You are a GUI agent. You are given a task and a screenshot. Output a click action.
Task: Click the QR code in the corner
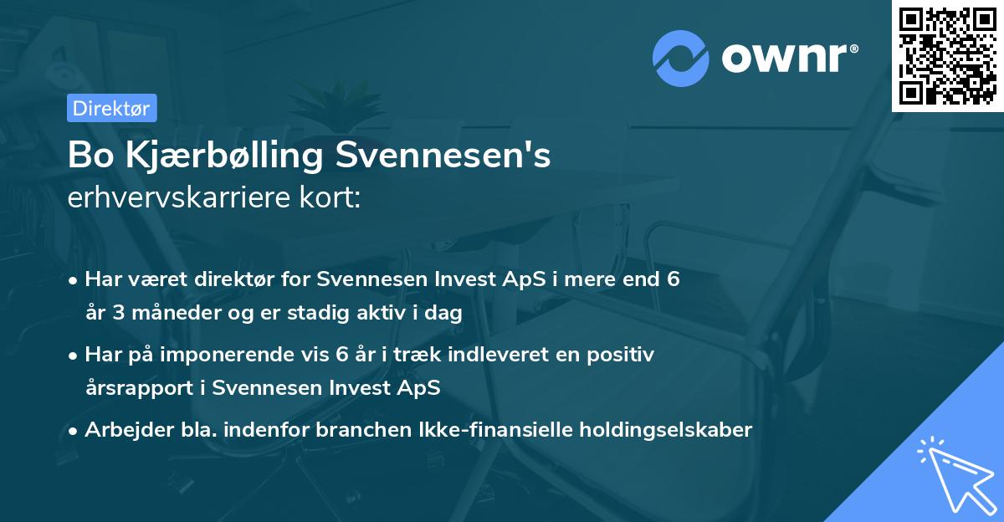pos(948,55)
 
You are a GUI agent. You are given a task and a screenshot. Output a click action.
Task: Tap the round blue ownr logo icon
pos(680,56)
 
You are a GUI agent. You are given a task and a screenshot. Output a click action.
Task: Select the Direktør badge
pos(111,108)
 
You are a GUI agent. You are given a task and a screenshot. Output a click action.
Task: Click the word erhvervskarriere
pos(174,198)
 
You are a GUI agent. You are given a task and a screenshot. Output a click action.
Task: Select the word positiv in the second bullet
pos(624,355)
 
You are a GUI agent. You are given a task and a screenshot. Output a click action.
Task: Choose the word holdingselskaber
pos(661,430)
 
